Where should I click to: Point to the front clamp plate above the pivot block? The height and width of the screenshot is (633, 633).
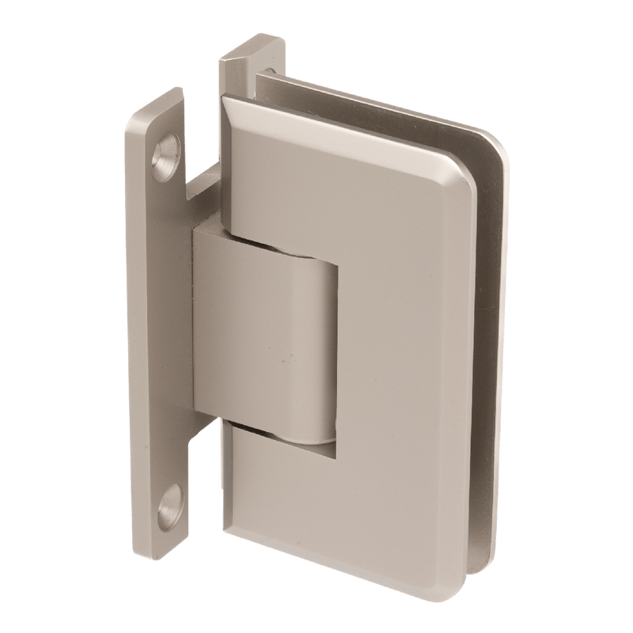click(x=340, y=190)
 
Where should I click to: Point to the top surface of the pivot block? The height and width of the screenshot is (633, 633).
click(x=261, y=237)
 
